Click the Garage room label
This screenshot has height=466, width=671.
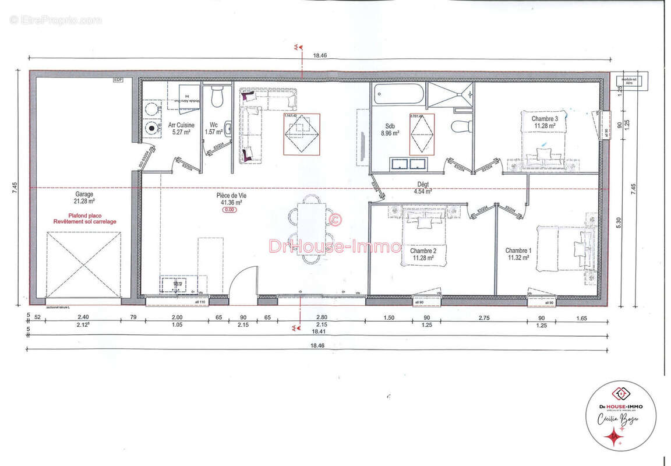tap(84, 195)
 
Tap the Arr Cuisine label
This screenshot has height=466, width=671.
tap(181, 125)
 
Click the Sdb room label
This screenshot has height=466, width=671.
tap(390, 125)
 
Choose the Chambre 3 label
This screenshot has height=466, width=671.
tap(544, 118)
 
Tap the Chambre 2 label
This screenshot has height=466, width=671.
tap(424, 250)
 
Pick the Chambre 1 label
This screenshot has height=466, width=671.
tap(518, 250)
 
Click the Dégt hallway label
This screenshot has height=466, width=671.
tap(422, 184)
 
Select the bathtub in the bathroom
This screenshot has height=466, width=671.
tap(400, 94)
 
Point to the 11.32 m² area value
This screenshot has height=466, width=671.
tap(518, 257)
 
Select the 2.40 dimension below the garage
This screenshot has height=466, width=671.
tap(83, 317)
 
